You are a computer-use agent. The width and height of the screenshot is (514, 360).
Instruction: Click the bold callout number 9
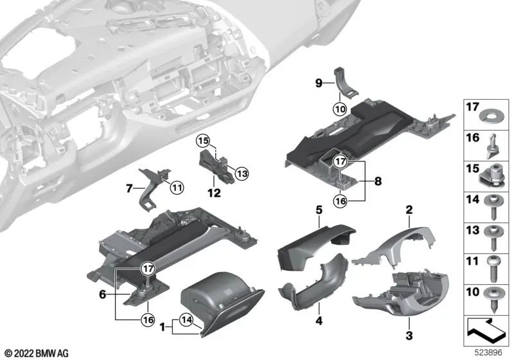[x=319, y=84]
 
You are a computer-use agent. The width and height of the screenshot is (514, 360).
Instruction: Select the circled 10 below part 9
[x=340, y=109]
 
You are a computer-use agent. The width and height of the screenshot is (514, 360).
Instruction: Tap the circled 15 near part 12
[x=203, y=141]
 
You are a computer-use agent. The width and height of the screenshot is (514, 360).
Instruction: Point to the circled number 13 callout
[x=242, y=174]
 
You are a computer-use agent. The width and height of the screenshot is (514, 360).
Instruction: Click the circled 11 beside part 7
[x=177, y=187]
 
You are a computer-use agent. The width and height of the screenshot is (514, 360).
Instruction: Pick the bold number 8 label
[x=378, y=181]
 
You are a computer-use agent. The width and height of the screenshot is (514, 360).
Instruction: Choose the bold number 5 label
[x=319, y=210]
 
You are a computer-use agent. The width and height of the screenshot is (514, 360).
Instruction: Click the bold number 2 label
[x=409, y=210]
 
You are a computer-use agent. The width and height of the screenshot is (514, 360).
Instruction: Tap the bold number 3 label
[x=409, y=335]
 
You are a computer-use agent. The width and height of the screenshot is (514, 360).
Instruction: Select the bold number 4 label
[x=319, y=321]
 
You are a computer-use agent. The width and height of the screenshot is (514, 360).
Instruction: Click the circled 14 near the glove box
[x=186, y=319]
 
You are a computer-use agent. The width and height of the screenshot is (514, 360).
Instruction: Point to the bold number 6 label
[x=103, y=294]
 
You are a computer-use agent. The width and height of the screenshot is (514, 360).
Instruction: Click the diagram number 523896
[x=489, y=353]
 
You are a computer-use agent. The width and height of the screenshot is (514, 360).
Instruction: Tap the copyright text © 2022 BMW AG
[x=37, y=354]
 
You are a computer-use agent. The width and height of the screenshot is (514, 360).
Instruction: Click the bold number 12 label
[x=214, y=193]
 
